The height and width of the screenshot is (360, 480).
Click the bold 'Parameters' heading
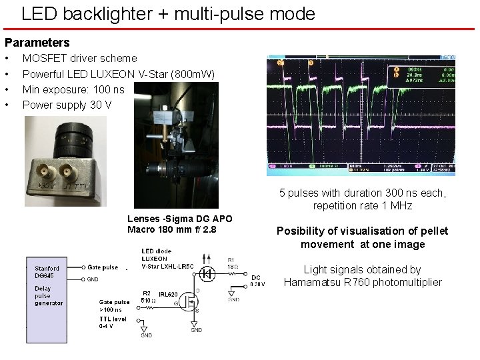click(x=37, y=43)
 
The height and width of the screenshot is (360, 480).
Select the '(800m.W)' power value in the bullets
click(x=193, y=73)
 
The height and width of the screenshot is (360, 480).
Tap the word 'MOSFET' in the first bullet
click(x=45, y=58)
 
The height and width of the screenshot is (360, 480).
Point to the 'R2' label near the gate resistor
click(x=146, y=293)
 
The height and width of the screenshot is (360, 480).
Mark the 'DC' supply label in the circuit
click(x=255, y=277)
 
